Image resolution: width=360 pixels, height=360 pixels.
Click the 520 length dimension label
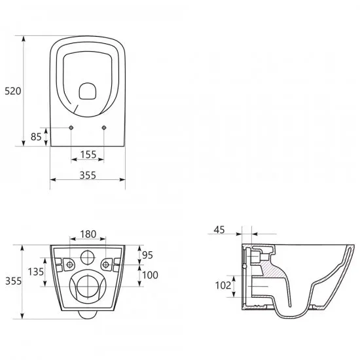click(13, 91)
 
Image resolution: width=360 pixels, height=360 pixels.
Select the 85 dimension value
click(36, 137)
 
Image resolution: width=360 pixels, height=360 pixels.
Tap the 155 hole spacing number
click(88, 154)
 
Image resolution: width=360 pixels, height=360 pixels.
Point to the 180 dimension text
click(88, 234)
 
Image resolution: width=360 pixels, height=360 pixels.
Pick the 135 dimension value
click(35, 272)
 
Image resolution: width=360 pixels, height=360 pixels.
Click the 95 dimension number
click(147, 255)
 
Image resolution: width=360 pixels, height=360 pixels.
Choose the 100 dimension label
click(150, 275)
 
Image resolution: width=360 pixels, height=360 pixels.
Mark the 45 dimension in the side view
click(219, 230)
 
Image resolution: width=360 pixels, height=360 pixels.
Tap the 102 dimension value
click(223, 285)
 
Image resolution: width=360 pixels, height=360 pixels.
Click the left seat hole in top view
click(71, 128)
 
